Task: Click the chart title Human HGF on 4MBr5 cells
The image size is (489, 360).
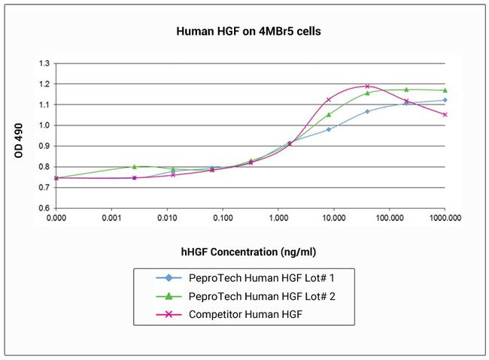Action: click(244, 32)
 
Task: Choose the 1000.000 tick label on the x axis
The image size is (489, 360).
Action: click(445, 218)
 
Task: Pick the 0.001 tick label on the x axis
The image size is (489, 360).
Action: click(111, 218)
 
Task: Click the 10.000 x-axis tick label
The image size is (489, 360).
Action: click(333, 218)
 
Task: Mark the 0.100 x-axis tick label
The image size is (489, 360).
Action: click(223, 218)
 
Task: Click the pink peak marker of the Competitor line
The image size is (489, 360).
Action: click(367, 86)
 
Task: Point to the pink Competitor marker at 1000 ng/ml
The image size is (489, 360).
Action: click(445, 115)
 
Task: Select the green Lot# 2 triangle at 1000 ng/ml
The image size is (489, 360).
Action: click(445, 90)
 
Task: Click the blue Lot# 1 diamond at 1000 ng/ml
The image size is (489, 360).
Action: click(445, 100)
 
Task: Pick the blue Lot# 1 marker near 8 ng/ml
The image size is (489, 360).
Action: click(329, 129)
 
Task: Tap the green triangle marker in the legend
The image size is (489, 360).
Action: click(168, 296)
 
